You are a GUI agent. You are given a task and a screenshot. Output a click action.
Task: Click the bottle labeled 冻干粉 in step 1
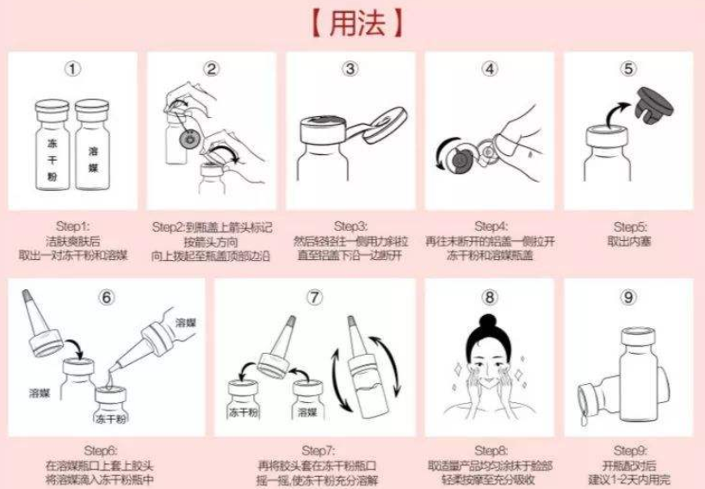point(53,146)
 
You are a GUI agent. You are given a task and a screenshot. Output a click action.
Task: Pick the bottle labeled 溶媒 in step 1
point(92,146)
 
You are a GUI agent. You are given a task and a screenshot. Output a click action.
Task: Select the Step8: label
point(489,450)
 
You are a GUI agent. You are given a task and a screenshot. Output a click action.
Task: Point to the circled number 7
point(314,297)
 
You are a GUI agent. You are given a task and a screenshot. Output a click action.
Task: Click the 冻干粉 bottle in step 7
point(244,403)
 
